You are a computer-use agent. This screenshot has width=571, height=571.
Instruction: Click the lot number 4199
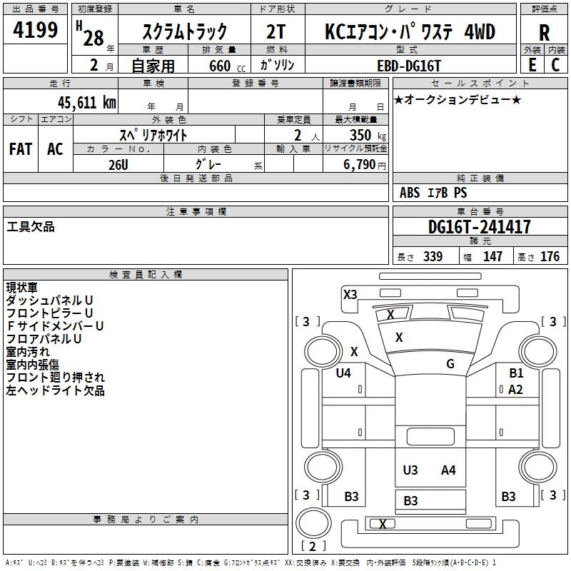click(x=35, y=31)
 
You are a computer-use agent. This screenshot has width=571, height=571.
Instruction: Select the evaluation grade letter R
click(x=545, y=33)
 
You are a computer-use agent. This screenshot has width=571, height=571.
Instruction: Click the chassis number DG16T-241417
click(x=479, y=227)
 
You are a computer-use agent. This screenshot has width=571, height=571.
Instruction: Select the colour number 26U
click(x=118, y=165)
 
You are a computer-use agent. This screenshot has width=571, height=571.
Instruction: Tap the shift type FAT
click(x=20, y=148)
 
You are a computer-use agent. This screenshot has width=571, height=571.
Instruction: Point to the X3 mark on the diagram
click(x=350, y=294)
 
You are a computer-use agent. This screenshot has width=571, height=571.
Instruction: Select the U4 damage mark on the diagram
click(x=343, y=373)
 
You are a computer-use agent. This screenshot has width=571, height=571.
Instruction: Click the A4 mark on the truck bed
click(x=448, y=470)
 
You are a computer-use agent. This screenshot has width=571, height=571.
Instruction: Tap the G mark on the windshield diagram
click(x=450, y=364)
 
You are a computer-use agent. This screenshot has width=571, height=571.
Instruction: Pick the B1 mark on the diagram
click(x=516, y=373)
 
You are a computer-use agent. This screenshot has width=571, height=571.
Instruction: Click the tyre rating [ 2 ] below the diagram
click(x=309, y=547)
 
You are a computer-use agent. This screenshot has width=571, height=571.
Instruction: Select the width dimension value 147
click(x=492, y=257)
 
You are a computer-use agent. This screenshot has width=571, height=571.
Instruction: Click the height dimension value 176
click(x=550, y=257)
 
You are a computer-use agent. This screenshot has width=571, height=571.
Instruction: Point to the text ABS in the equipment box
click(x=410, y=193)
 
